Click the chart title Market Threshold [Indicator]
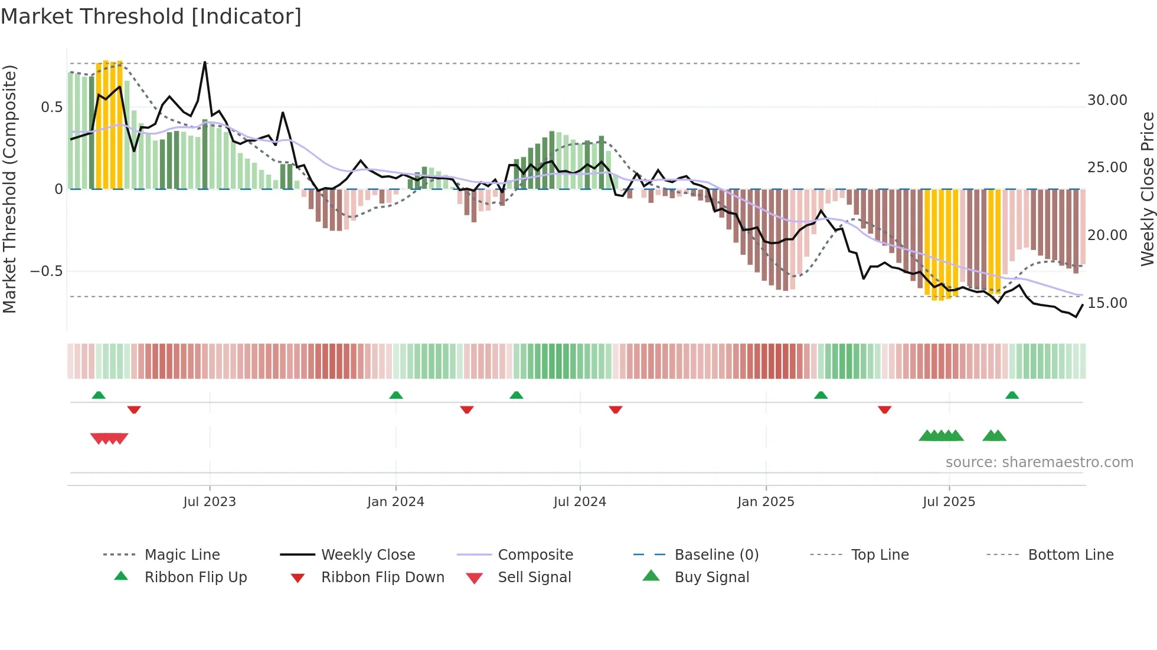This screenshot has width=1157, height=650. coord(151,17)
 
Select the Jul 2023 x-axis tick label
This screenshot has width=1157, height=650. coord(210,502)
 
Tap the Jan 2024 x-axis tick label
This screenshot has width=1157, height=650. coord(396,502)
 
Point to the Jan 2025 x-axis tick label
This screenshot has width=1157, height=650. coord(766,502)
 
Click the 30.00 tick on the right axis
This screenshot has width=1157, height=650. coord(1107,100)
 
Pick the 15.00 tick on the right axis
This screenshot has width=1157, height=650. coord(1107,303)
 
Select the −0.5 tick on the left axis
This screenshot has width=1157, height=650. coord(46,271)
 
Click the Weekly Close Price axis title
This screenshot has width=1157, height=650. coord(1147,189)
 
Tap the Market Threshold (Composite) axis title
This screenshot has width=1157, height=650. coord(9,189)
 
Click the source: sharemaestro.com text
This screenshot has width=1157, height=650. coord(1039,462)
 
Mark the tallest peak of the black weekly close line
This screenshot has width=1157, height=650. coord(205,63)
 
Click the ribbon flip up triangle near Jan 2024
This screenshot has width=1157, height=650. coord(396,395)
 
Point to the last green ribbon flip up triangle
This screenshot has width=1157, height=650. coord(1012,395)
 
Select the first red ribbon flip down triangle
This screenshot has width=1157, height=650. coord(134,409)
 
